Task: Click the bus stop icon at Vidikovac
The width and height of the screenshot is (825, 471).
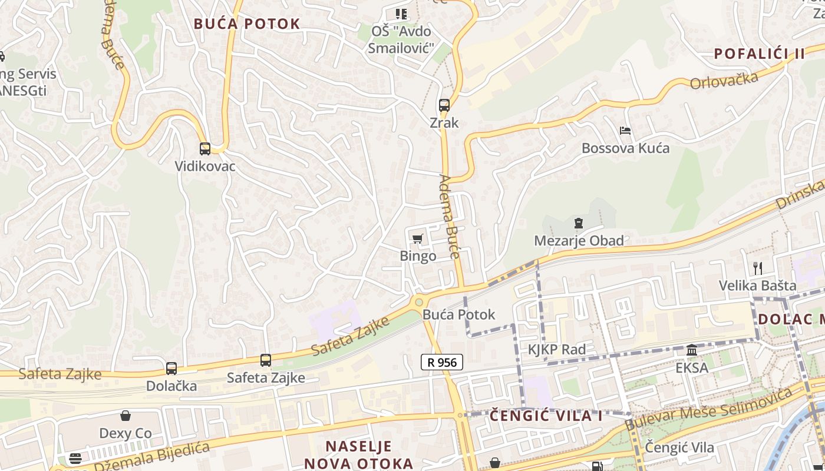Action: (x=204, y=149)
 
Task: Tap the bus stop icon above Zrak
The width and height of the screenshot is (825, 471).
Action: (x=444, y=105)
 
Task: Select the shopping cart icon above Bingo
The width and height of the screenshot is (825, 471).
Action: (x=418, y=238)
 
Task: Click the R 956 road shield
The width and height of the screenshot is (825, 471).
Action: (x=442, y=362)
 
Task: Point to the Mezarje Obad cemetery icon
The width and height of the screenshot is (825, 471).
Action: (x=579, y=223)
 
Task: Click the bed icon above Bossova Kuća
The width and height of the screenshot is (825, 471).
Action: (x=625, y=130)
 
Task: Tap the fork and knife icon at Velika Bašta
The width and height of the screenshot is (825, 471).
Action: (x=758, y=268)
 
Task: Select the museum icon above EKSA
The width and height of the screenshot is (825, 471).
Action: (x=692, y=350)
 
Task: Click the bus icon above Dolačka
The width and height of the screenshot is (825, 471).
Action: (x=171, y=369)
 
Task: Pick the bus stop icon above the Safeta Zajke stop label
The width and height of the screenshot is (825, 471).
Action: (x=266, y=360)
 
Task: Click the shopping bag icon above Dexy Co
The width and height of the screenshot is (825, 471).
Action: (x=126, y=416)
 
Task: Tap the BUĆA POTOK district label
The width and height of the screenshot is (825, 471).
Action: (x=247, y=24)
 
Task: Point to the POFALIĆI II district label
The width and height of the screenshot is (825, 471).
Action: (x=759, y=54)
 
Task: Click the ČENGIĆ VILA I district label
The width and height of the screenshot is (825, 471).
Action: (x=546, y=416)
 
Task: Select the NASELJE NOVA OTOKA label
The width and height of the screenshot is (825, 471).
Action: (x=358, y=454)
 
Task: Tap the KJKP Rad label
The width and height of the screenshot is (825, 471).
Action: (x=556, y=350)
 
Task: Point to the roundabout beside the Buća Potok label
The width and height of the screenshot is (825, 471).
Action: (x=419, y=302)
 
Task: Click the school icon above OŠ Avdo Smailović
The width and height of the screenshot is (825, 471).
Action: (x=401, y=14)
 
